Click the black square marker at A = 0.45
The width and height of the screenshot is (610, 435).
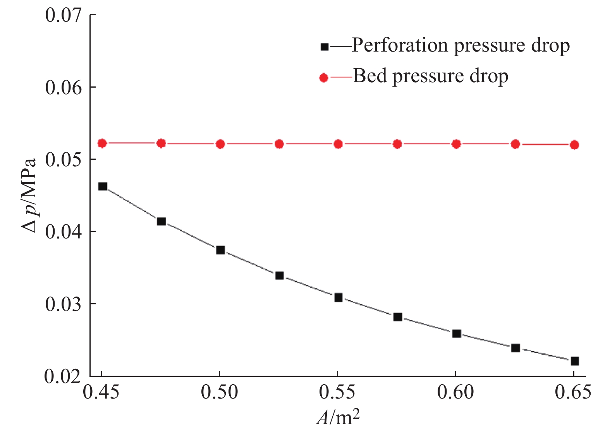click(x=102, y=186)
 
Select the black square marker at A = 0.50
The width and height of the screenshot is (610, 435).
click(x=220, y=250)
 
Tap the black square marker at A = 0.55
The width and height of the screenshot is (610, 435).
click(x=339, y=298)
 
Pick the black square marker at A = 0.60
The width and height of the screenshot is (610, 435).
click(x=457, y=333)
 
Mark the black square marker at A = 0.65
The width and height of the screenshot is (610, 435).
click(x=575, y=361)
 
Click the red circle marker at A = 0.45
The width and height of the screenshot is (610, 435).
click(x=102, y=143)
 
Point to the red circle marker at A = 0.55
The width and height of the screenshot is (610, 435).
click(x=339, y=144)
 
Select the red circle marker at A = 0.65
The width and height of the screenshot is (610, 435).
click(x=575, y=145)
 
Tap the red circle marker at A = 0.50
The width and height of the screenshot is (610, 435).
click(x=220, y=144)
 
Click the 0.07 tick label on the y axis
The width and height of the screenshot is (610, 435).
click(x=64, y=16)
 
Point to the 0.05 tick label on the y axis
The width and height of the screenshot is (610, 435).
click(x=64, y=160)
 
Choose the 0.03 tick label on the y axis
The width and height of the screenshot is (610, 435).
click(x=64, y=304)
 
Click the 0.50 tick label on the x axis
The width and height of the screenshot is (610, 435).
click(x=220, y=392)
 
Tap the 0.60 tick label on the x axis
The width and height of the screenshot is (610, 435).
click(x=456, y=392)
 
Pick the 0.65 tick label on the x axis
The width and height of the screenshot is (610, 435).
click(x=574, y=392)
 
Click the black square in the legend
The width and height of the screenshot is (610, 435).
click(x=325, y=47)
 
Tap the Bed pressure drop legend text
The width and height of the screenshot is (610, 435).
click(x=430, y=76)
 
